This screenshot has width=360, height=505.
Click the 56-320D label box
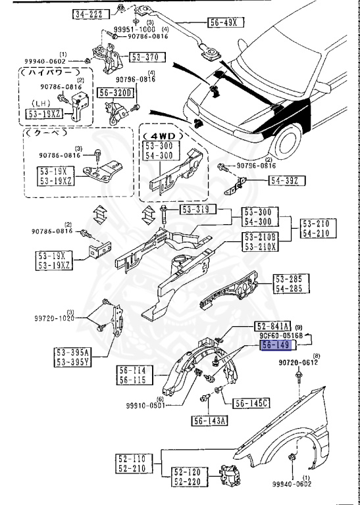tap(116, 93)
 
